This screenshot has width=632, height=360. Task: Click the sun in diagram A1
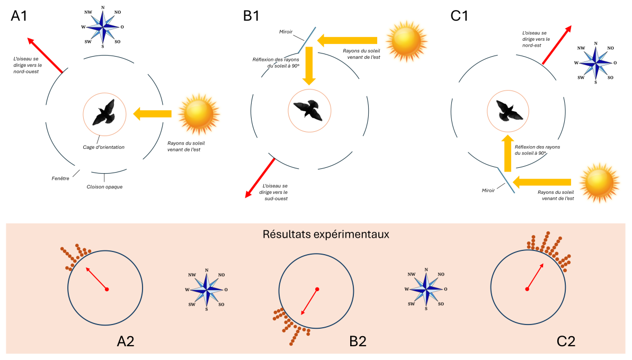198,113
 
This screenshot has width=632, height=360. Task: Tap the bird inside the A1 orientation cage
104,112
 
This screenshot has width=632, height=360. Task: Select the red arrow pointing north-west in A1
45,55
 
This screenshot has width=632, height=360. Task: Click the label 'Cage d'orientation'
104,147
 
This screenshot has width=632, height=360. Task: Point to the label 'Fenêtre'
60,178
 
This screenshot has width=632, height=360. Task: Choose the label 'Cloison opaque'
104,186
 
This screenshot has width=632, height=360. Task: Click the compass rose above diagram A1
103,26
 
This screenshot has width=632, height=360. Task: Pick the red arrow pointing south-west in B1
260,178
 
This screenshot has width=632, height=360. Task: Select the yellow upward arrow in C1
507,154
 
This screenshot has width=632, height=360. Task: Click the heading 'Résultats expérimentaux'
326,234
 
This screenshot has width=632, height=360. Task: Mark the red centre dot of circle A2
107,289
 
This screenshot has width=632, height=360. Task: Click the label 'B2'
359,341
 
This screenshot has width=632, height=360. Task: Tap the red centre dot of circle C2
527,289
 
